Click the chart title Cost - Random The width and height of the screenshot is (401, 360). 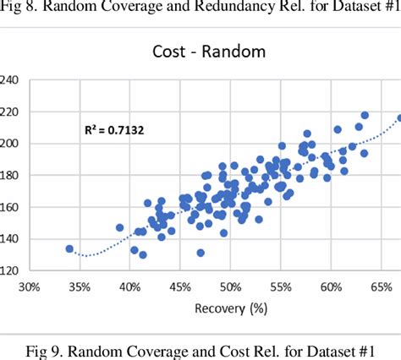pos(210,51)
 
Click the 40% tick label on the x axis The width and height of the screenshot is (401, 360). pos(129,287)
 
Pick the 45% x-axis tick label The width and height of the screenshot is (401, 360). pos(179,287)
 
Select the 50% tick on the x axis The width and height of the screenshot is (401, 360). pos(229,287)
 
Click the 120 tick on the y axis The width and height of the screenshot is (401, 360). pos(10,270)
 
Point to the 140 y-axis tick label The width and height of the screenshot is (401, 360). pos(10,239)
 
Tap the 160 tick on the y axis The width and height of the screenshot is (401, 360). pos(10,207)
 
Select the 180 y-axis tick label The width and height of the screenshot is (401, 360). pos(10,175)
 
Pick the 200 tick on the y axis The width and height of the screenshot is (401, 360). pos(10,144)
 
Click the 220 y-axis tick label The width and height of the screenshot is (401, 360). pos(10,112)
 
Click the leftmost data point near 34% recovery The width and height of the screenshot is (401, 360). pos(69,249)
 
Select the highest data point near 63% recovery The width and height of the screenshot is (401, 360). pos(365,115)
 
